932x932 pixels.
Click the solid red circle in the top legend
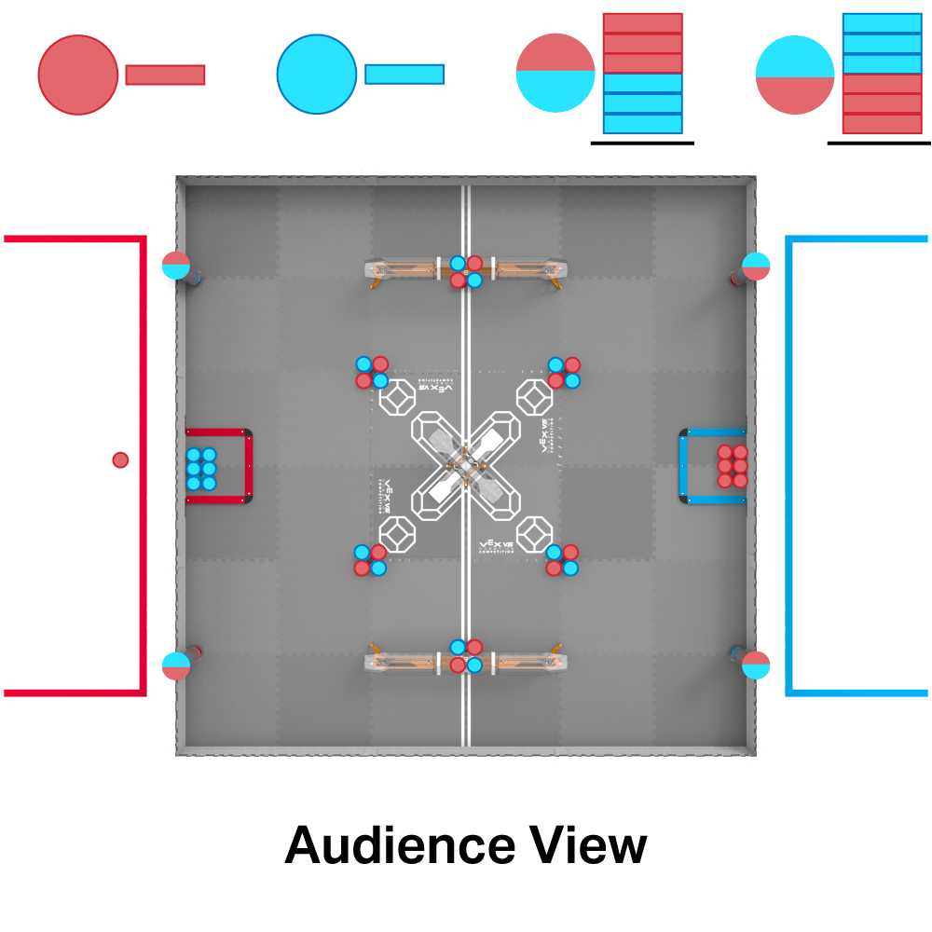point(78,75)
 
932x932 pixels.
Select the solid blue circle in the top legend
point(317,75)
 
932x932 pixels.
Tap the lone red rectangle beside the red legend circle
point(165,75)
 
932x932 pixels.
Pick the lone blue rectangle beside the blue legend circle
point(404,75)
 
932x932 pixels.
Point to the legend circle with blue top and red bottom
point(794,75)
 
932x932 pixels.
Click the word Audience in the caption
point(399,845)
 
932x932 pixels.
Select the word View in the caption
point(588,845)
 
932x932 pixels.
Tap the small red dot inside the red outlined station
point(120,459)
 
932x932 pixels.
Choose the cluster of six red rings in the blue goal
point(733,466)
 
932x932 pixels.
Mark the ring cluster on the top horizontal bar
point(466,271)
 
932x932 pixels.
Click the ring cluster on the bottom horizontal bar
point(466,656)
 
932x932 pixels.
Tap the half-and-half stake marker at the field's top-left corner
point(175,265)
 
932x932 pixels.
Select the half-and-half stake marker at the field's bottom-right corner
point(756,665)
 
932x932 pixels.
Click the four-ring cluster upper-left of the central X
point(372,373)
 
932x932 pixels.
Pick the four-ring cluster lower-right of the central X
point(562,560)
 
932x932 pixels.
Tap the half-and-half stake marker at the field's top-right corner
point(756,266)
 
